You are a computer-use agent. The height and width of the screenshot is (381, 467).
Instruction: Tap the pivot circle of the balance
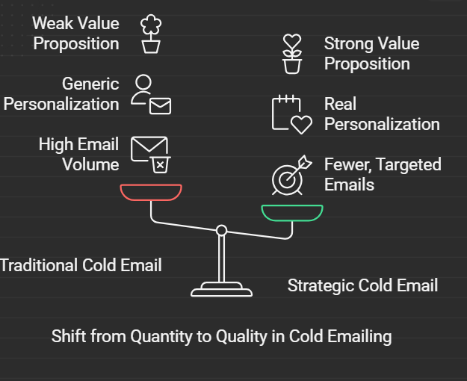pos(221,230)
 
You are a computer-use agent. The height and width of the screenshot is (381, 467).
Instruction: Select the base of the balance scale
pos(222,289)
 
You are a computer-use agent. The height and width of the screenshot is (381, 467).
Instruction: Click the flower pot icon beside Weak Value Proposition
pos(151,34)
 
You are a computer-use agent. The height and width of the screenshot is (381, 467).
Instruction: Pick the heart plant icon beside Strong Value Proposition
pos(292,54)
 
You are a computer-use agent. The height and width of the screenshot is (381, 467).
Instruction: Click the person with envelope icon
pos(151,94)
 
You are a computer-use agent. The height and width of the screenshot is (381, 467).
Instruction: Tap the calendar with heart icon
pos(292,114)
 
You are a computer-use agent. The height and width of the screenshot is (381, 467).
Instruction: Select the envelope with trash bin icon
pos(151,155)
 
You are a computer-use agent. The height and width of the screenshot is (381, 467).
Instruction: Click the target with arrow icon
pos(292,175)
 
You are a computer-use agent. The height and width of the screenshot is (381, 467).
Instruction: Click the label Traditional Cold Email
pos(81,265)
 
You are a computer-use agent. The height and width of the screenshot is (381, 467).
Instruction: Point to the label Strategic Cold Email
pos(362,285)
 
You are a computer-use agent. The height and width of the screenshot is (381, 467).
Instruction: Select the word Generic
pos(90,84)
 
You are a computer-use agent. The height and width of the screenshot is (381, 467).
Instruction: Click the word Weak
pos(51,23)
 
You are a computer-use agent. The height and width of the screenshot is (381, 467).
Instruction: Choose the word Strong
pos(345,44)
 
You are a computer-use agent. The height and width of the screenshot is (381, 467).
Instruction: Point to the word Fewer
pos(348,165)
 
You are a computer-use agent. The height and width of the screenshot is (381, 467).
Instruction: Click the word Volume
pos(90,164)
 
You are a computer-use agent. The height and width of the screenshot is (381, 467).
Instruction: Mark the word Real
pos(340,104)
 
